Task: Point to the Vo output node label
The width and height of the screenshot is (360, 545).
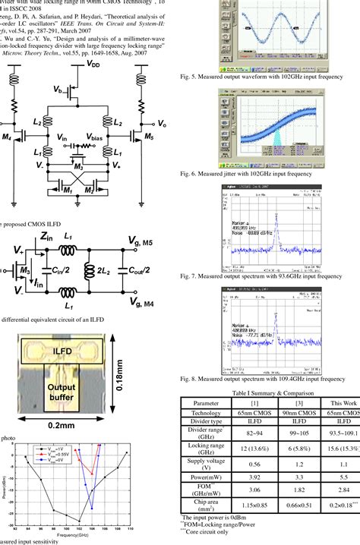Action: pyautogui.click(x=162, y=122)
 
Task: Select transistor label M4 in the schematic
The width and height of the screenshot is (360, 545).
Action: pyautogui.click(x=7, y=137)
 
